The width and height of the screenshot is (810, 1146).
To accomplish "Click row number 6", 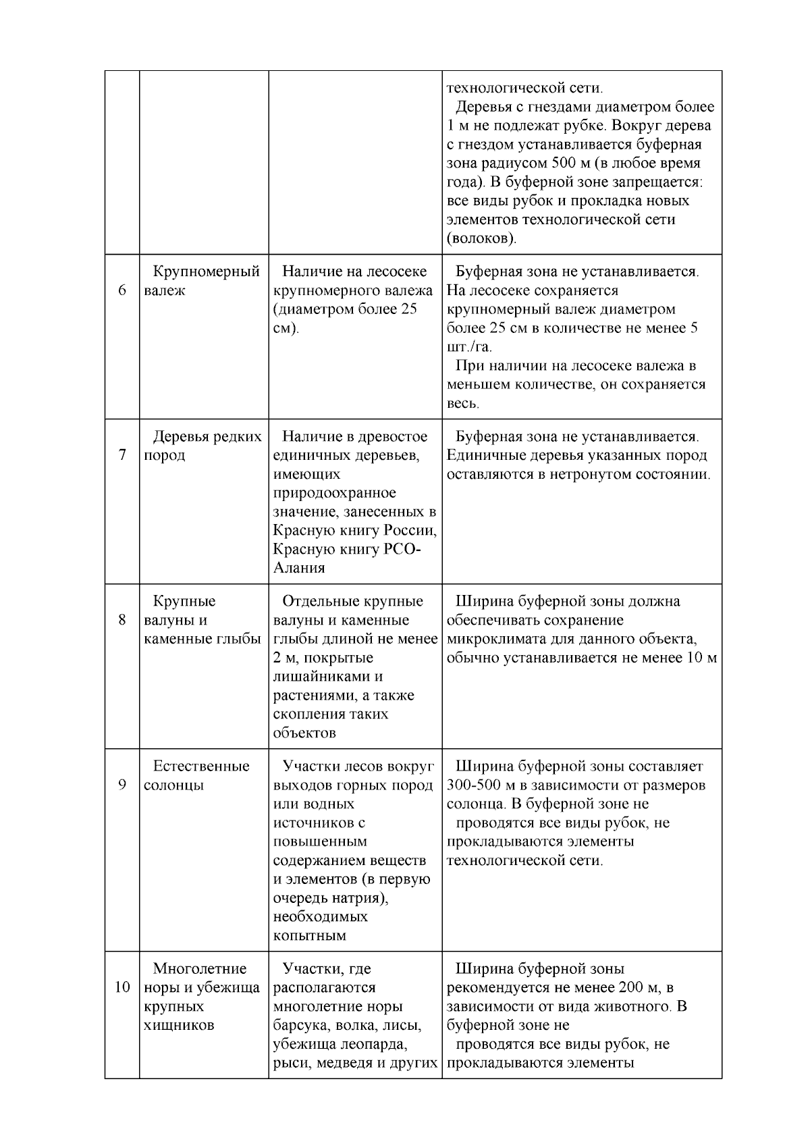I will click(122, 290).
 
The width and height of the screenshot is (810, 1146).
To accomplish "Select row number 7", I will click(122, 455).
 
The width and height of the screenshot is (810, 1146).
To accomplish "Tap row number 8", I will click(122, 620).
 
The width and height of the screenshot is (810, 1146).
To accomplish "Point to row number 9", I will click(122, 785).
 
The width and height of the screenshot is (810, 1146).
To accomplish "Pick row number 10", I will click(122, 987).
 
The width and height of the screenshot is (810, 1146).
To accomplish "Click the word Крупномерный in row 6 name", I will click(206, 272).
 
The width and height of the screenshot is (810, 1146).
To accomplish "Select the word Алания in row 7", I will click(299, 568).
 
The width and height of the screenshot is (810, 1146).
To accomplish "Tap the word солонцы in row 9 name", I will click(173, 785).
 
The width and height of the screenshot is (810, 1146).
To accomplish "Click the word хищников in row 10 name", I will click(179, 1025).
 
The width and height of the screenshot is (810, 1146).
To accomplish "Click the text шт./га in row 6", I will click(468, 347).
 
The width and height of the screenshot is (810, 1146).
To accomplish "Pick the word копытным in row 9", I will click(309, 936).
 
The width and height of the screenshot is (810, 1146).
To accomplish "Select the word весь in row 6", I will click(462, 404).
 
